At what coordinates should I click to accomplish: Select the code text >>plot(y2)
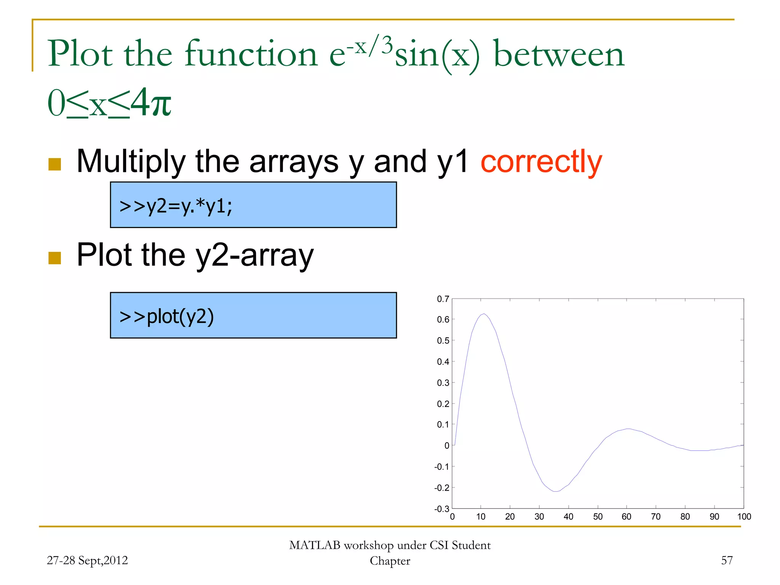pos(167,316)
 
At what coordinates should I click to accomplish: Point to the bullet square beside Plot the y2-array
pos(55,258)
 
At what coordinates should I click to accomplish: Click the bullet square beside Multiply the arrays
pos(55,165)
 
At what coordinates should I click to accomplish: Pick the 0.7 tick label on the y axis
pos(443,299)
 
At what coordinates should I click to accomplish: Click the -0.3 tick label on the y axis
pos(442,508)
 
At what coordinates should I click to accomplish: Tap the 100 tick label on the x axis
pos(744,517)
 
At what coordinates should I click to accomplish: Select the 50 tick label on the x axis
pos(598,517)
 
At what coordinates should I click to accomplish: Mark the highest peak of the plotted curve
pos(484,314)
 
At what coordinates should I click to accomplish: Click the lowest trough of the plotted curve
pos(556,491)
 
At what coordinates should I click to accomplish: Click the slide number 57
pos(727,560)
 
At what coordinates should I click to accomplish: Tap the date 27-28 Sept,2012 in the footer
pos(87,560)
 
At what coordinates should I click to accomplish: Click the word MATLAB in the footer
pos(315,545)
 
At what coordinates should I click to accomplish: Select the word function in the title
pos(251,54)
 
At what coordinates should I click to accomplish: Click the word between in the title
pos(559,54)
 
